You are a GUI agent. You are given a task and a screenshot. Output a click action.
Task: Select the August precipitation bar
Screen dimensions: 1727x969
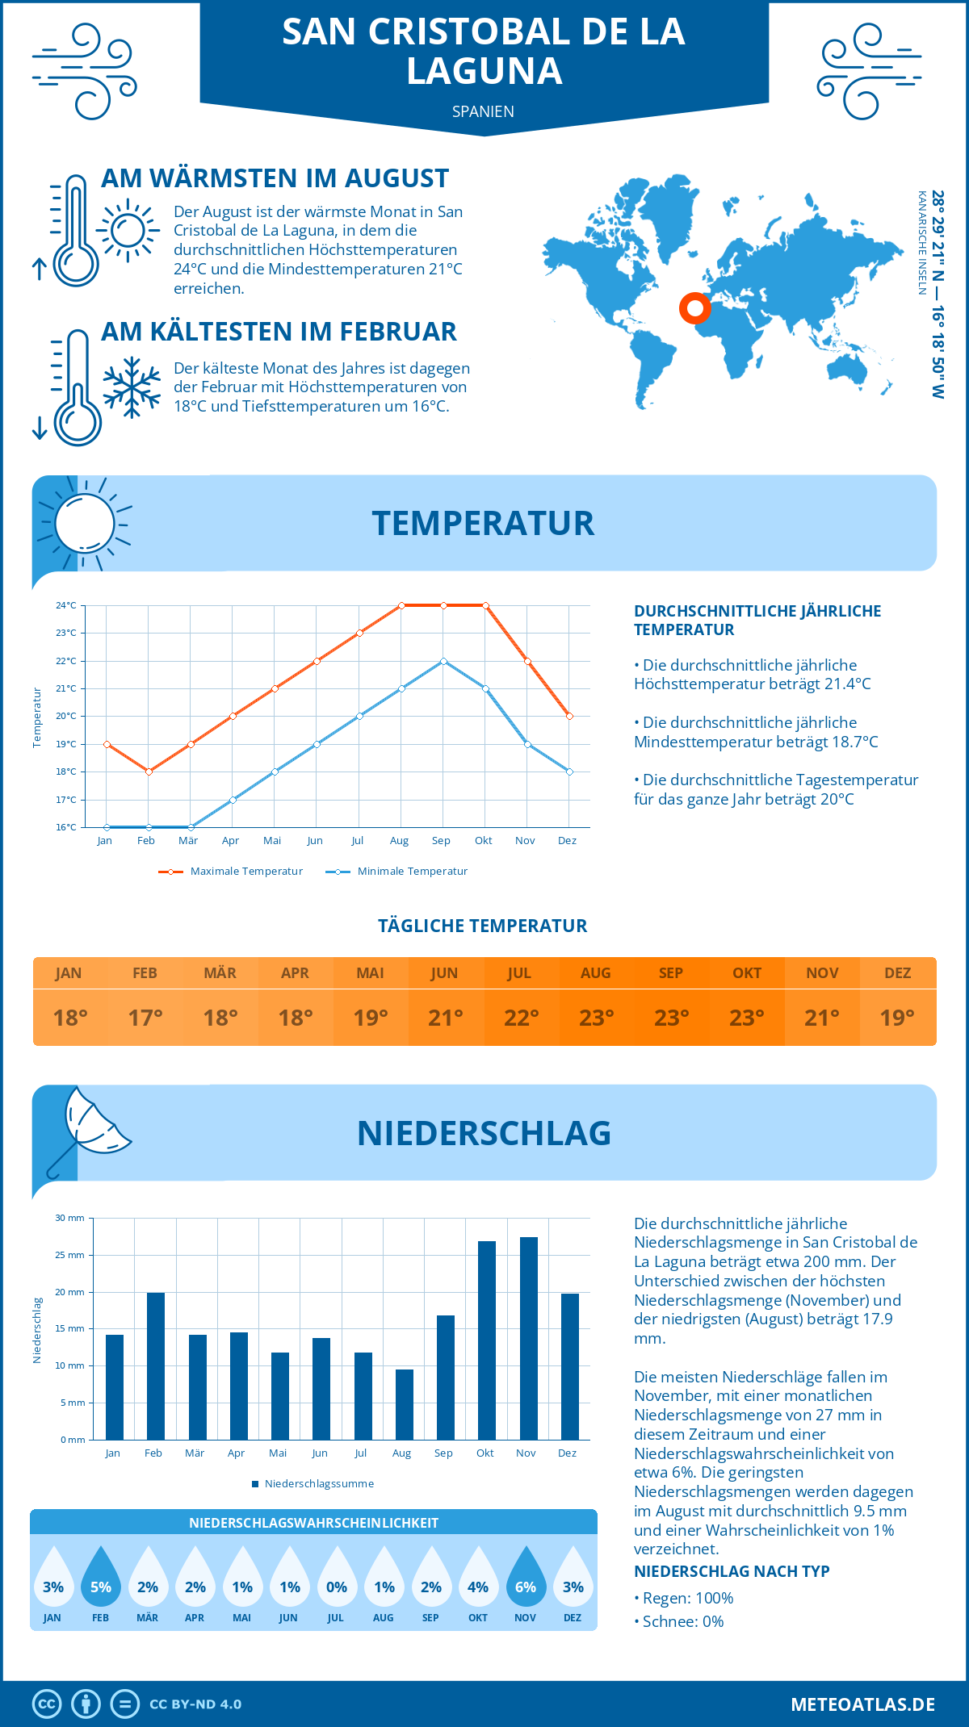pyautogui.click(x=405, y=1404)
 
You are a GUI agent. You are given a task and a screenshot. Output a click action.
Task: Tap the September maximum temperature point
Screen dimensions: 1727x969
pyautogui.click(x=443, y=605)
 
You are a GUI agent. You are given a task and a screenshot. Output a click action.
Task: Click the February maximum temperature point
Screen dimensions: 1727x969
pyautogui.click(x=149, y=772)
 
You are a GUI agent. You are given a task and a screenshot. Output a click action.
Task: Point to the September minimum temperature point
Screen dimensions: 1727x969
pyautogui.click(x=443, y=661)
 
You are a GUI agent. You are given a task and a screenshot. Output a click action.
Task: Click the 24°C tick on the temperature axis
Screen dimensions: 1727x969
pyautogui.click(x=66, y=605)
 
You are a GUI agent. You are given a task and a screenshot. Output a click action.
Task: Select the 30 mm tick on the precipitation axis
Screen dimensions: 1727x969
pyautogui.click(x=70, y=1218)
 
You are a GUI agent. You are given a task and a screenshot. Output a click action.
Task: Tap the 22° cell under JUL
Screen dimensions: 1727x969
pyautogui.click(x=521, y=1018)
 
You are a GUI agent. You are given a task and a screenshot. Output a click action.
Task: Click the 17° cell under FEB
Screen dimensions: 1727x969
pyautogui.click(x=145, y=1018)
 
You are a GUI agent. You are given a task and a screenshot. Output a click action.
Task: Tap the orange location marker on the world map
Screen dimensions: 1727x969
pyautogui.click(x=694, y=307)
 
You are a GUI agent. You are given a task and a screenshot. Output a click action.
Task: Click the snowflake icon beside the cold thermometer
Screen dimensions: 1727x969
pyautogui.click(x=132, y=387)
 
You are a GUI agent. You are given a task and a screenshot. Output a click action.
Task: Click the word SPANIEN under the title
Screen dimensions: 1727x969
pyautogui.click(x=483, y=111)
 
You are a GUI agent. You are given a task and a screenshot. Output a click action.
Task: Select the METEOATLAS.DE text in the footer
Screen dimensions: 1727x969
pyautogui.click(x=862, y=1704)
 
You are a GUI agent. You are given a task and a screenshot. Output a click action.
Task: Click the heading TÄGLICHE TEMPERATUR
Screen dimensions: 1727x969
pyautogui.click(x=483, y=926)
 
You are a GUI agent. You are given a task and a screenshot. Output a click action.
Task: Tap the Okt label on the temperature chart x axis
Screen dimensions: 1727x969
pyautogui.click(x=483, y=840)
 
